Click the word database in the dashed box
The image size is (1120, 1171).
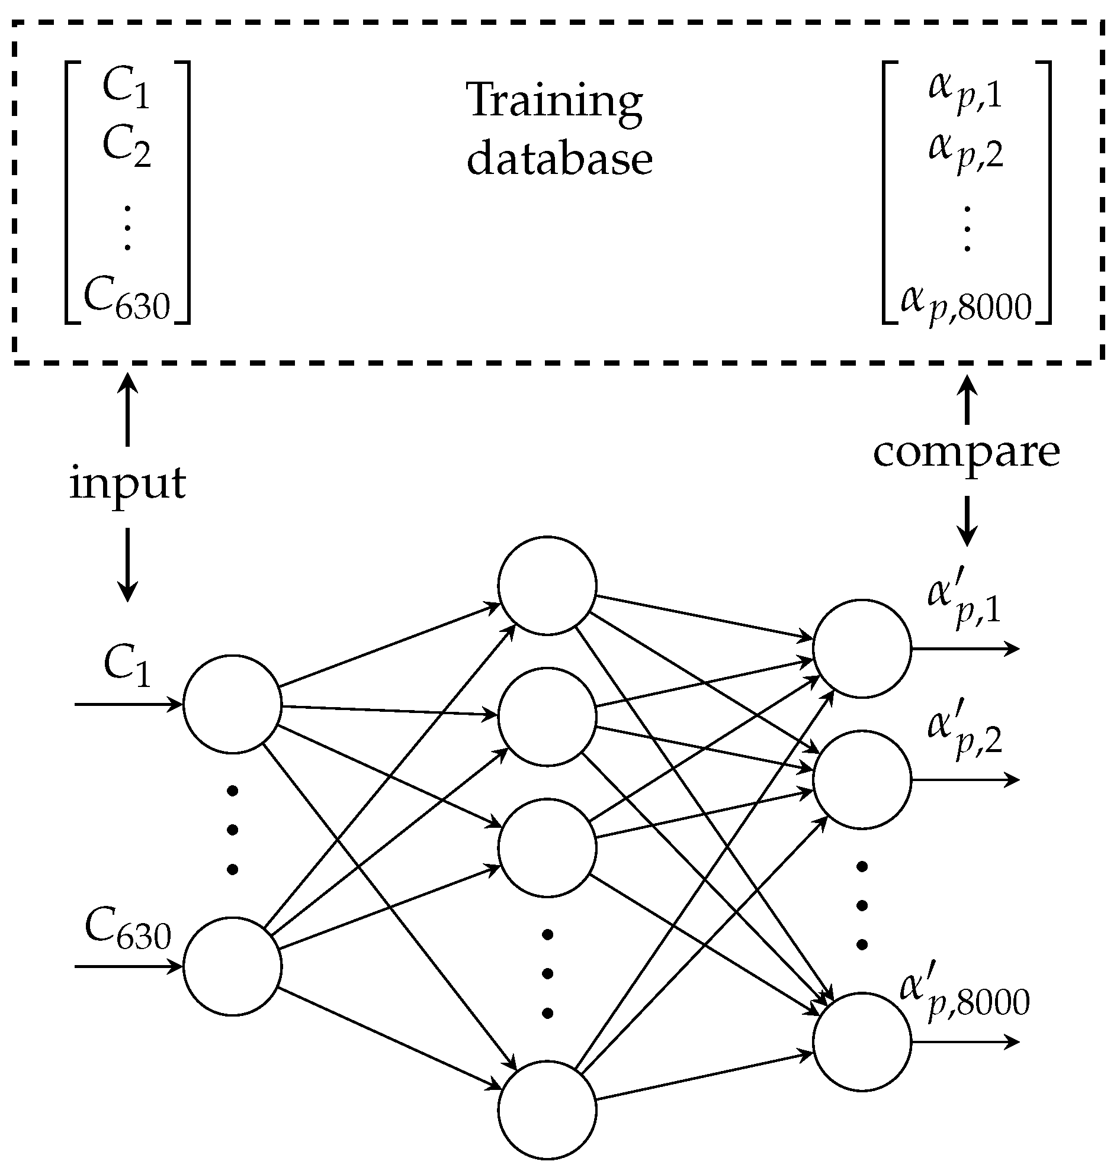tap(559, 160)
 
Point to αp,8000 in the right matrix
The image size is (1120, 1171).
tap(965, 304)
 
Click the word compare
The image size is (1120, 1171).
tap(967, 452)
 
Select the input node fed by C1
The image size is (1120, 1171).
tap(232, 704)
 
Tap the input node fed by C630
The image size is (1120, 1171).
tap(232, 966)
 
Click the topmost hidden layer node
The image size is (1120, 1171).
tap(547, 585)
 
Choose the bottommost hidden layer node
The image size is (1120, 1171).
tap(547, 1109)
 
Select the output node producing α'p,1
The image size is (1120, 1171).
tap(862, 649)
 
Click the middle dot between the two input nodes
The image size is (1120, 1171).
tap(233, 830)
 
